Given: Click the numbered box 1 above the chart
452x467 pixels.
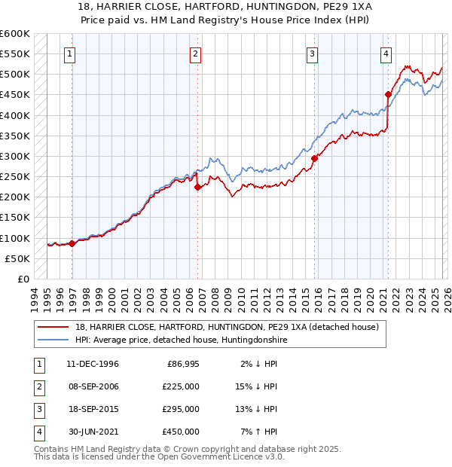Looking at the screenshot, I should [69, 53].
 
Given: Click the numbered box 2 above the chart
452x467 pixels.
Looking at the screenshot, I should [195, 53].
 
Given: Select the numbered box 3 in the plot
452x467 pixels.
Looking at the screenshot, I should [312, 53].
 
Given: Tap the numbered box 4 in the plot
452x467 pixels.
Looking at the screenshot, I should [385, 53].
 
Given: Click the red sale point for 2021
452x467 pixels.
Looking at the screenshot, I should [389, 95].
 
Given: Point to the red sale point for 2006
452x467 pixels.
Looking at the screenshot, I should [197, 187].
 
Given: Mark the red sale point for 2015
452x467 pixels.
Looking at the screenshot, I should [313, 158].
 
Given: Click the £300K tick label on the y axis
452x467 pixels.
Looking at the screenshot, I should [15, 156].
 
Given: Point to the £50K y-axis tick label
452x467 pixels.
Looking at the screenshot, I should [18, 258].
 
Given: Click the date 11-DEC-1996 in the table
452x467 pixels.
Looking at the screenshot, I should [92, 364].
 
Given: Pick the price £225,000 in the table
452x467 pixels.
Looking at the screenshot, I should [181, 386].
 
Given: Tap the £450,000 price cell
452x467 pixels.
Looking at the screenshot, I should [181, 432].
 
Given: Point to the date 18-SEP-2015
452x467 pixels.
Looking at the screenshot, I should [92, 409].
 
